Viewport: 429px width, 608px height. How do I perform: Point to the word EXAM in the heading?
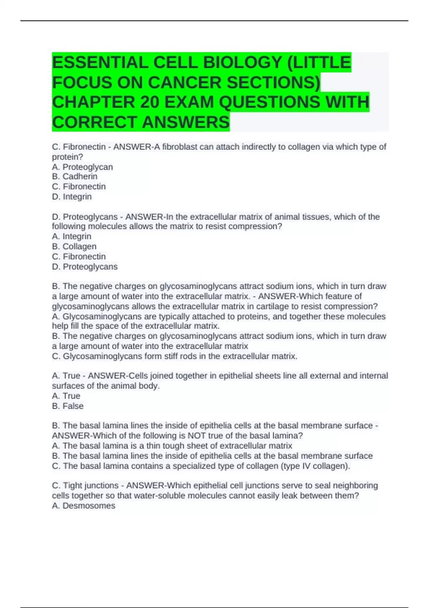point(189,102)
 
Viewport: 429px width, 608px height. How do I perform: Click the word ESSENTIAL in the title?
point(100,63)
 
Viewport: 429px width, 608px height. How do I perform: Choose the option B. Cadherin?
point(75,177)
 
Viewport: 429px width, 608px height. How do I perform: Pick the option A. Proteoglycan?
point(82,167)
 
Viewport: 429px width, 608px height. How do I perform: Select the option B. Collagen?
point(74,246)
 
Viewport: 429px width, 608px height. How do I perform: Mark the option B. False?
point(68,406)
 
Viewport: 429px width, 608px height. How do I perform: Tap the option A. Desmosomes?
point(83,506)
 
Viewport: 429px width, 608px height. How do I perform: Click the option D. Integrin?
point(72,197)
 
